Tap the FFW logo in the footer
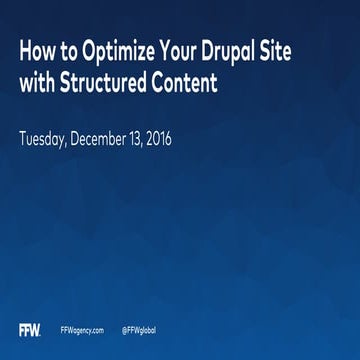(x=30, y=329)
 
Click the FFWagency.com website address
(x=83, y=329)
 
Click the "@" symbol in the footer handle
(x=124, y=329)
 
